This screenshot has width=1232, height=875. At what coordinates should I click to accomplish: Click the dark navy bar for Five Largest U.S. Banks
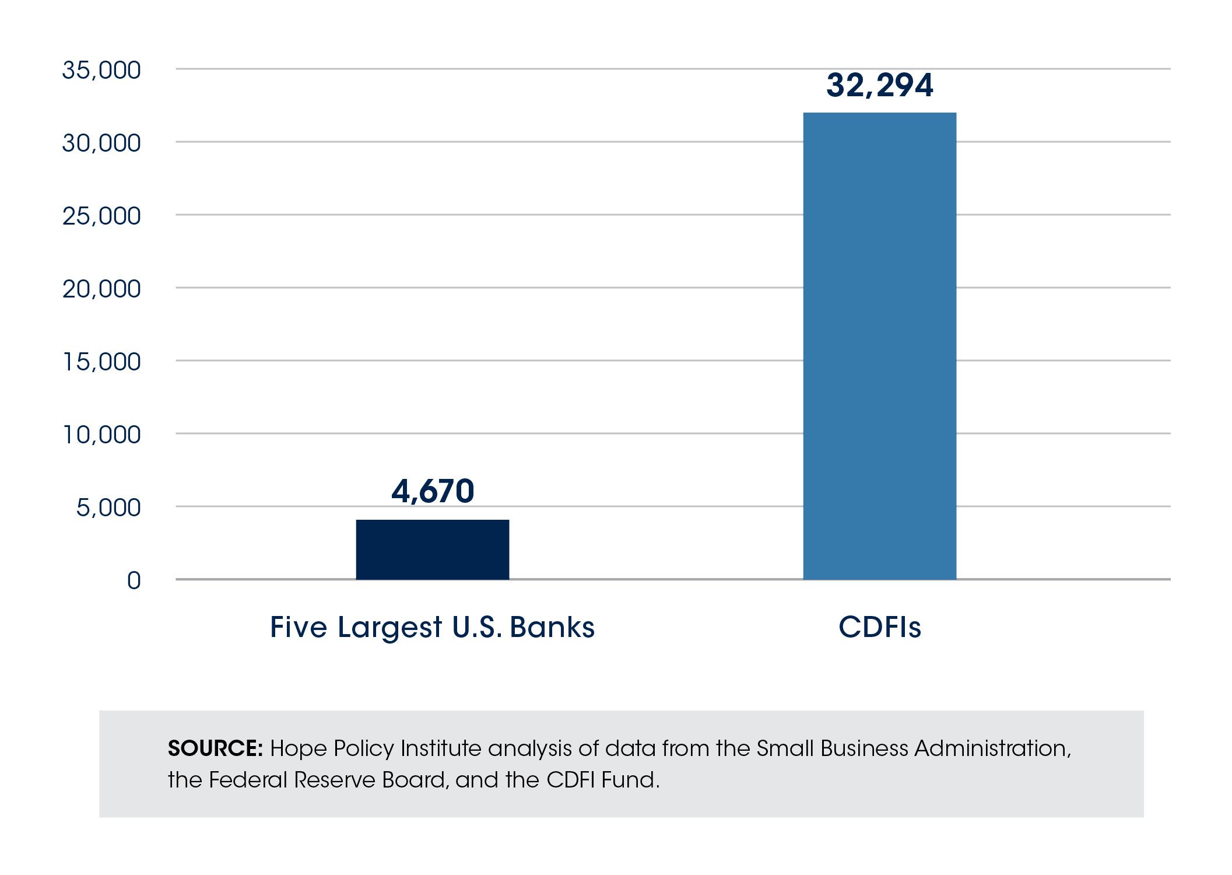(x=432, y=549)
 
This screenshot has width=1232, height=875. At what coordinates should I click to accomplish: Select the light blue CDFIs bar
(x=879, y=345)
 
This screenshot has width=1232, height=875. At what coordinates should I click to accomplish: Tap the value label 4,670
(x=433, y=491)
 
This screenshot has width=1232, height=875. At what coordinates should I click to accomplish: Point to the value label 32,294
(x=879, y=85)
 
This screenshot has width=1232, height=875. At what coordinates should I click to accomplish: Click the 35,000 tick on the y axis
(x=101, y=71)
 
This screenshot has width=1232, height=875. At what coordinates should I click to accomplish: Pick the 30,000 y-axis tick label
(x=101, y=143)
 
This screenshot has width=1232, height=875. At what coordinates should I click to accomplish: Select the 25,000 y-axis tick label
(x=101, y=216)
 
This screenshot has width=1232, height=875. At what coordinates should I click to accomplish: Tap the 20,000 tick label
(x=101, y=289)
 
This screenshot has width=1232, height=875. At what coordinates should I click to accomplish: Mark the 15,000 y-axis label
(x=101, y=362)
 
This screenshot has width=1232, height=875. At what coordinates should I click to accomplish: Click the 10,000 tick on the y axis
(x=101, y=435)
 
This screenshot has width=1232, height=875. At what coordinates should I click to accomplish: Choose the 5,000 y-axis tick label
(x=108, y=508)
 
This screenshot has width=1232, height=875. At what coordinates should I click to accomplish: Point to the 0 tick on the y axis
(x=134, y=581)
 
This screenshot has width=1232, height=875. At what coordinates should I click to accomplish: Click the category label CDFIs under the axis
(x=879, y=628)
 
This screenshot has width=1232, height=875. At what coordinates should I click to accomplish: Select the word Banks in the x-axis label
(x=552, y=628)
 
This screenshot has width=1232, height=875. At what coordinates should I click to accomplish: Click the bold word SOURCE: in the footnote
(x=215, y=748)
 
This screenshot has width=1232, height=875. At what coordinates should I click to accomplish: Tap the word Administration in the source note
(x=992, y=748)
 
